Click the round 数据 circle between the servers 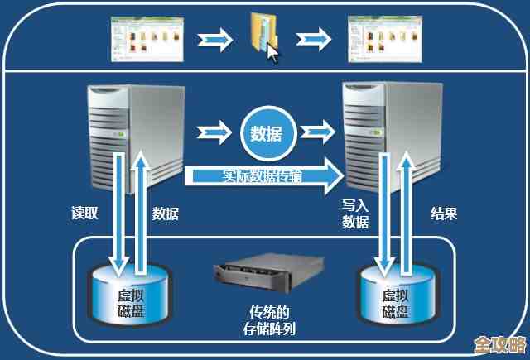pos(266,133)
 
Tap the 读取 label pos(84,213)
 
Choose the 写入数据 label pos(355,213)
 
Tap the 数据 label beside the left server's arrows pos(166,213)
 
